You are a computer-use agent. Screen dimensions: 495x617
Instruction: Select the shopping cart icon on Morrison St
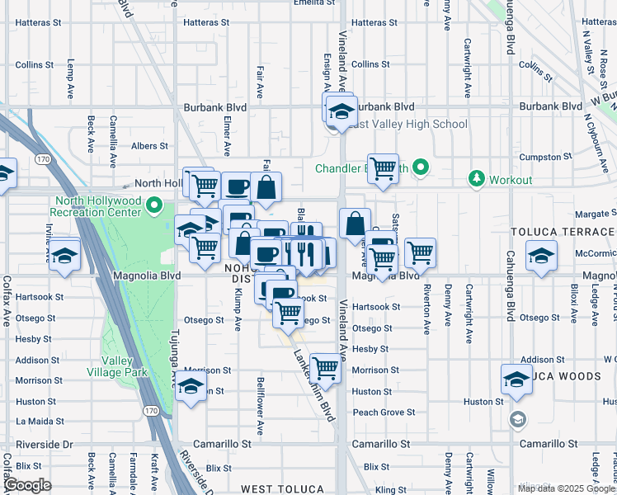(x=326, y=369)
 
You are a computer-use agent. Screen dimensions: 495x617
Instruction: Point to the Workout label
(x=511, y=178)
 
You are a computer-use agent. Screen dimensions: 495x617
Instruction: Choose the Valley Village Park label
(x=125, y=366)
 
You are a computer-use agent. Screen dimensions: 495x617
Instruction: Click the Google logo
(x=27, y=484)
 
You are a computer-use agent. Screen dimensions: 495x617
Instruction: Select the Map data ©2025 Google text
(x=566, y=488)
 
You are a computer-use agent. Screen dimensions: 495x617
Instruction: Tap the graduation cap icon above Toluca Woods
(x=516, y=379)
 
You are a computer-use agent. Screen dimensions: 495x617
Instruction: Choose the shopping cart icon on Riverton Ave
(x=420, y=252)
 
